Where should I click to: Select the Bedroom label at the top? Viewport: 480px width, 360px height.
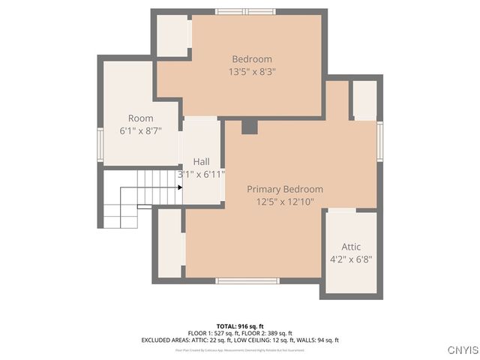251,59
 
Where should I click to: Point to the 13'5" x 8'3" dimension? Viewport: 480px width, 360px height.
251,72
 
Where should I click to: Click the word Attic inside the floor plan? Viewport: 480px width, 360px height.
351,247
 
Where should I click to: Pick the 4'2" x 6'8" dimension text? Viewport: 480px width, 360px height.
351,259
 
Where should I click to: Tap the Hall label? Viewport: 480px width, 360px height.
201,161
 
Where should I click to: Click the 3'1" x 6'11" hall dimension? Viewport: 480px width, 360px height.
201,174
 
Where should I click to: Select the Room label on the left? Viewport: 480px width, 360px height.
140,118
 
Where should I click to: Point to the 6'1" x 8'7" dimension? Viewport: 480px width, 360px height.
140,130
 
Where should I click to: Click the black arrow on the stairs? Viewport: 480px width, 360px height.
179,187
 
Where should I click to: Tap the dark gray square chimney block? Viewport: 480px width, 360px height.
249,127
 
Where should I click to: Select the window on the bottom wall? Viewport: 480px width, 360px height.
247,280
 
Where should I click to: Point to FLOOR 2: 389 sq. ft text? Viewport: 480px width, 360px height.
266,333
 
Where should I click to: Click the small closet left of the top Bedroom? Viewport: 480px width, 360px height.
172,34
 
